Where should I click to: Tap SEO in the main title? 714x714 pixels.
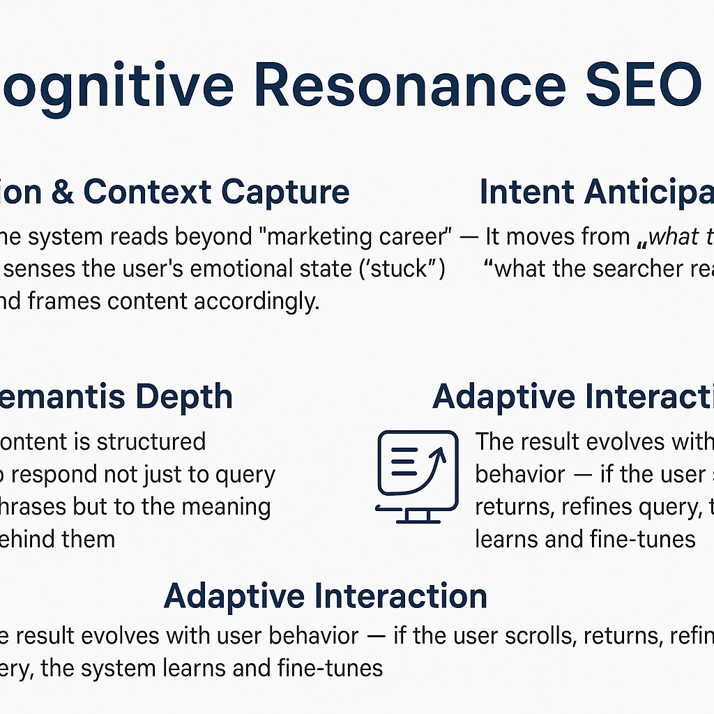[x=642, y=86]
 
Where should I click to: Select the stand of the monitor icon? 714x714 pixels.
[x=418, y=515]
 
